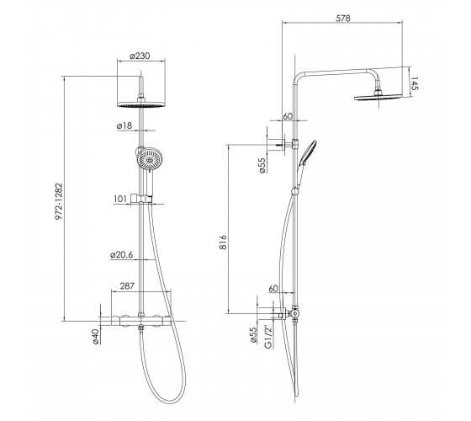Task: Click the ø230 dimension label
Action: [140, 56]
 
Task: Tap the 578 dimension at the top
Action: [343, 19]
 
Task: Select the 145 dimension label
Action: [414, 83]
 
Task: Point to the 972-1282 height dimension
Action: [59, 201]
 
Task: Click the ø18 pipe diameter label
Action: [124, 125]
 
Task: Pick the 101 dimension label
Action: [120, 199]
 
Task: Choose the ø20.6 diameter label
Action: [121, 254]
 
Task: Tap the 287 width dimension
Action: [127, 285]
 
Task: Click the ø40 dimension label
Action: [95, 336]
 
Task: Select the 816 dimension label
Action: [223, 242]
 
